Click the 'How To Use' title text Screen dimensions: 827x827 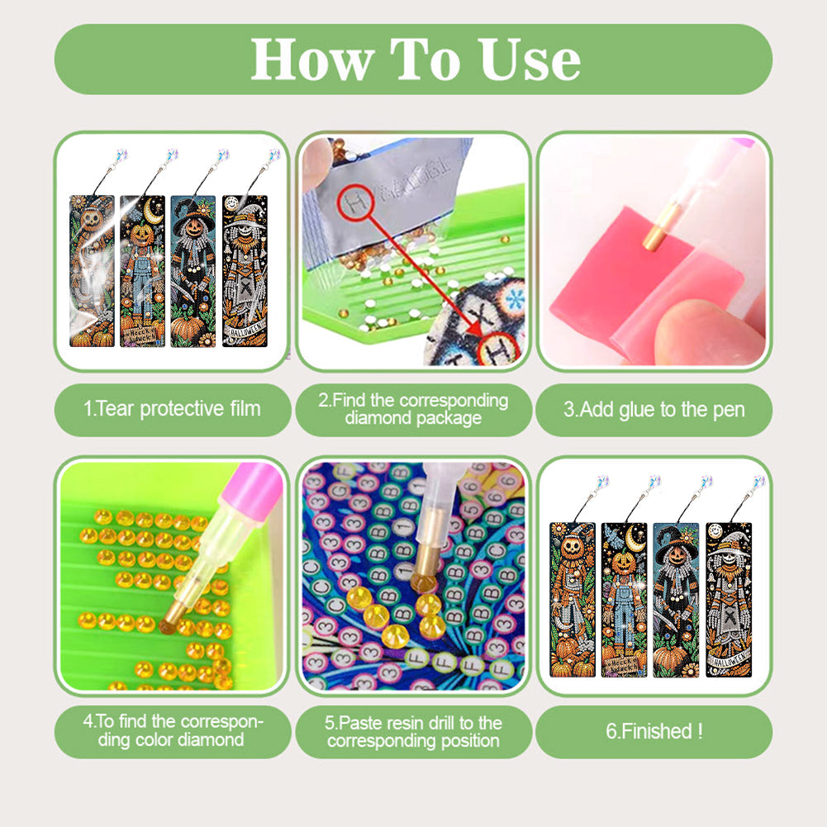(x=414, y=59)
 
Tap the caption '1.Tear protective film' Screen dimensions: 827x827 (x=173, y=408)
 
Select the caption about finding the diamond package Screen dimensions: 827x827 (x=413, y=409)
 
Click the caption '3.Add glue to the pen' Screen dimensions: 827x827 (x=654, y=409)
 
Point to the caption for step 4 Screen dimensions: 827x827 (x=173, y=730)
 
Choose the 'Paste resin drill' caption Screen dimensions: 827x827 (x=413, y=731)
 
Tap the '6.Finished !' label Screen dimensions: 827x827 (x=654, y=731)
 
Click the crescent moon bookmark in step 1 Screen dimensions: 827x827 (x=142, y=271)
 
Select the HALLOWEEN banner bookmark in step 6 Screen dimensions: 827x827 (x=729, y=599)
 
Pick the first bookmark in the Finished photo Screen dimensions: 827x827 (x=573, y=599)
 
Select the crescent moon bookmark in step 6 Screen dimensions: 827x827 (x=625, y=599)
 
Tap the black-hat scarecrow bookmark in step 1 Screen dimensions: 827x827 (x=192, y=271)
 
